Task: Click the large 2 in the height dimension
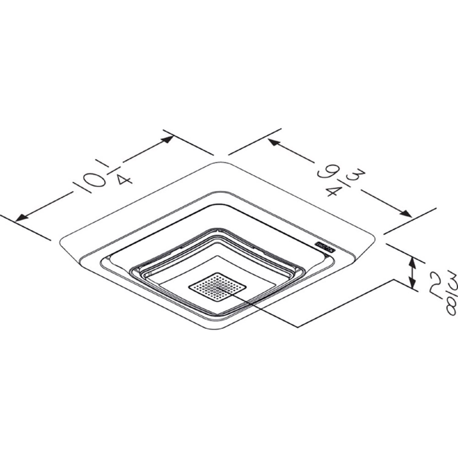(437, 282)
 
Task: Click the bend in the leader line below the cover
(298, 327)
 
